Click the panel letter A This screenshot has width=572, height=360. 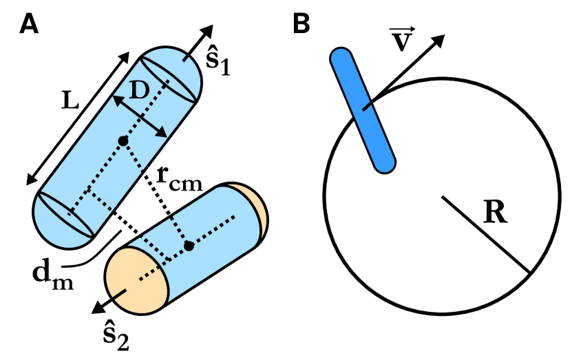[28, 24]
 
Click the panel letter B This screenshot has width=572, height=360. [302, 24]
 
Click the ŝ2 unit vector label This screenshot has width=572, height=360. [111, 335]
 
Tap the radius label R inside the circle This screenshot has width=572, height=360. [496, 213]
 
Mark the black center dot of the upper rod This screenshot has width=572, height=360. [123, 141]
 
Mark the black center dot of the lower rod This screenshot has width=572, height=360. [187, 246]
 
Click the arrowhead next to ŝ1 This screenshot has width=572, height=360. [206, 32]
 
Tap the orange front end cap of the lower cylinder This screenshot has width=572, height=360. [136, 279]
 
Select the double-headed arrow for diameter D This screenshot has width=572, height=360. [140, 116]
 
